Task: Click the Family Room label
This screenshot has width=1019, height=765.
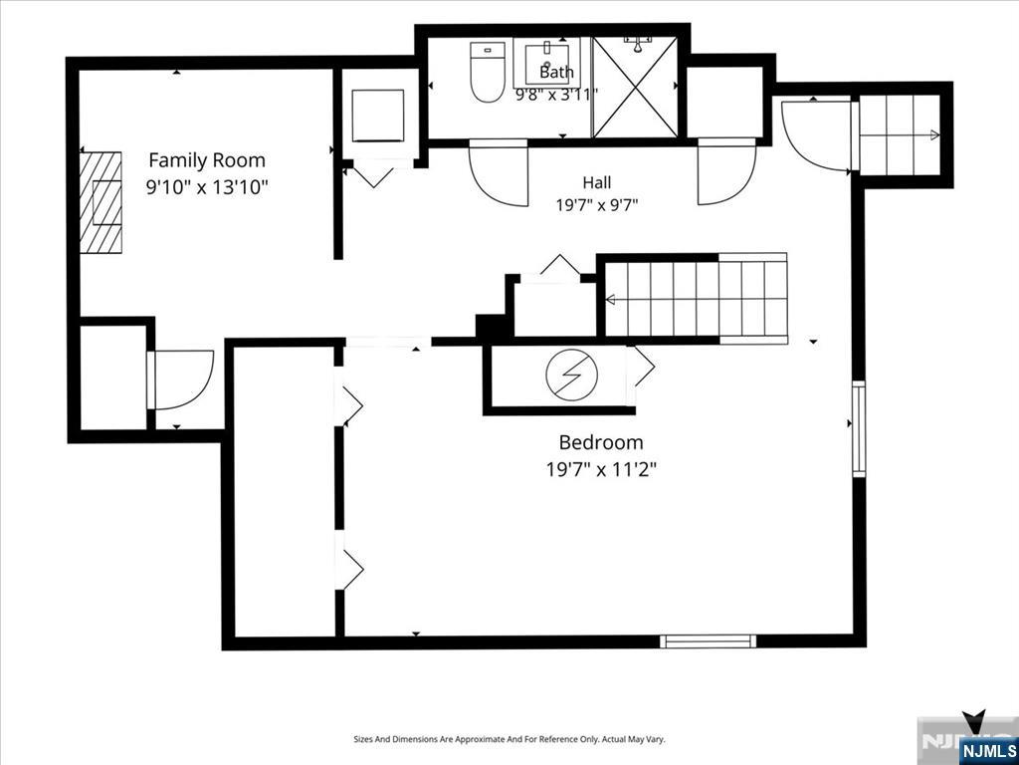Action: (207, 160)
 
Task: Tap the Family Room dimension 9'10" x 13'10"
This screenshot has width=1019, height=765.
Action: (207, 188)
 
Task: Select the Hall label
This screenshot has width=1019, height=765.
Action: (597, 183)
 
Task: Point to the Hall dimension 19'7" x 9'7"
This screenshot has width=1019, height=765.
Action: (597, 206)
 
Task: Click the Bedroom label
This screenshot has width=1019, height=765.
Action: (601, 442)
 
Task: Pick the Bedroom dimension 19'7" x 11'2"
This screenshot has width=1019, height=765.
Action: (601, 470)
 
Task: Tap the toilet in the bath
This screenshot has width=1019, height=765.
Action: (488, 72)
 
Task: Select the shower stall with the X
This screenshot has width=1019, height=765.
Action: (635, 88)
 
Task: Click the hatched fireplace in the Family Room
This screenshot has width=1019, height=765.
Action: (101, 202)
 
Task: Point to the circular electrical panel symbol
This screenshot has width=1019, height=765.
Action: (570, 377)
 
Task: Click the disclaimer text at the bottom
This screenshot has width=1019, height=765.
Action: (509, 740)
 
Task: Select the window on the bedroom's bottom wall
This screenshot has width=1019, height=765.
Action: (709, 641)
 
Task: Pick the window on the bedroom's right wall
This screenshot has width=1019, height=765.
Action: (859, 428)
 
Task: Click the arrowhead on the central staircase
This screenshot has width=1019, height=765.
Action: (610, 300)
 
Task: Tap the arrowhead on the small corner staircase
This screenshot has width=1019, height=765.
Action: (934, 135)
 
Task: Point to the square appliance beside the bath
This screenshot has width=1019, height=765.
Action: (377, 116)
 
